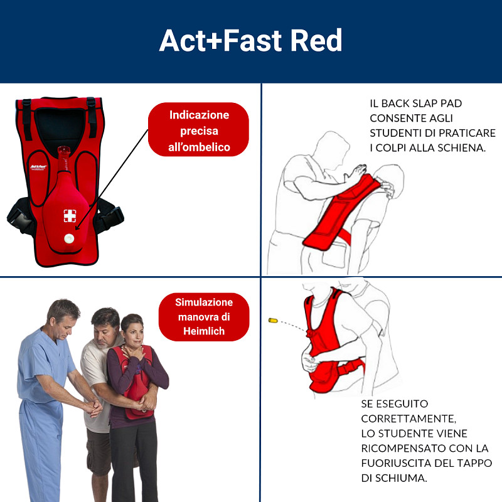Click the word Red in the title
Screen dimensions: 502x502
click(316, 40)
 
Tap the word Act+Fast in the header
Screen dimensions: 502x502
click(221, 40)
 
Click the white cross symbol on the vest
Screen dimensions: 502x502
click(70, 216)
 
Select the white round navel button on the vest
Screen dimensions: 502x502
click(69, 238)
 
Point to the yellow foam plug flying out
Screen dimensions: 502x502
click(273, 320)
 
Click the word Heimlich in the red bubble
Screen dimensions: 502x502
click(204, 331)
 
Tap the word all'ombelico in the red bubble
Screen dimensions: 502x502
click(199, 147)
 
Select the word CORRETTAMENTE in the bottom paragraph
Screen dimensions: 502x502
click(409, 419)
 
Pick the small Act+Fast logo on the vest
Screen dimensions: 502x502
click(39, 167)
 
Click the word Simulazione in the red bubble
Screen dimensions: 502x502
click(204, 302)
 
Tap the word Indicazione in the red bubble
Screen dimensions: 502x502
click(199, 115)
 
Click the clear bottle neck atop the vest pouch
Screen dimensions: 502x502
click(64, 159)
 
